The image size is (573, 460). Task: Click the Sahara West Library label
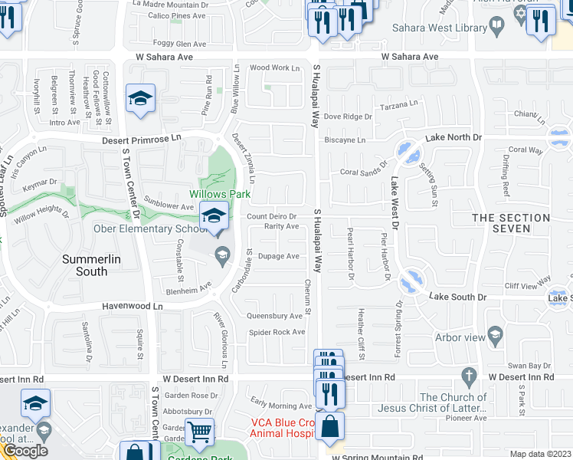pyautogui.click(x=439, y=28)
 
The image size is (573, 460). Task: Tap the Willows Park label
pyautogui.click(x=221, y=194)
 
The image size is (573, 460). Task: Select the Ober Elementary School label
pyautogui.click(x=146, y=228)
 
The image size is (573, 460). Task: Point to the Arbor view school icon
pyautogui.click(x=496, y=335)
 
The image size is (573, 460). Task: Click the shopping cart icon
pyautogui.click(x=199, y=431)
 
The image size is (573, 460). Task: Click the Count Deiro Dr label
pyautogui.click(x=271, y=217)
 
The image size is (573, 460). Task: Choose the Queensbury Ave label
pyautogui.click(x=274, y=316)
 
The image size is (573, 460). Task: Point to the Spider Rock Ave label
pyautogui.click(x=277, y=332)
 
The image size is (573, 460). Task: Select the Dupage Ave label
pyautogui.click(x=278, y=256)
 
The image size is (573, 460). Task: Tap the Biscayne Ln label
pyautogui.click(x=345, y=140)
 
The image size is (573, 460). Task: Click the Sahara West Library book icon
pyautogui.click(x=497, y=28)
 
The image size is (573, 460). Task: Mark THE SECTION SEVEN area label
pyautogui.click(x=511, y=223)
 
